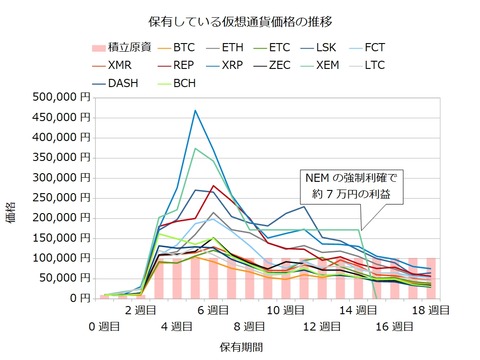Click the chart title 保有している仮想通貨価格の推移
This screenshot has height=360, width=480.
[x=240, y=20]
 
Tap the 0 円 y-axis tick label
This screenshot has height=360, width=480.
[x=80, y=298]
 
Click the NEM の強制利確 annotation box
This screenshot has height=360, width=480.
[x=347, y=185]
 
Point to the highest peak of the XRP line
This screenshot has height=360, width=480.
[x=195, y=110]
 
